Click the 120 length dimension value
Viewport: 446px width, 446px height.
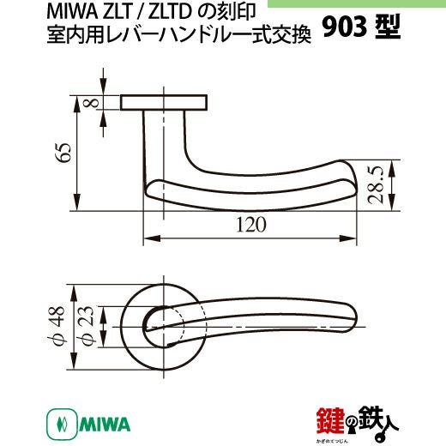click(251, 225)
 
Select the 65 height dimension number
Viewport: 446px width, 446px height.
click(63, 152)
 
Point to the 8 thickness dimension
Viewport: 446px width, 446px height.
click(91, 102)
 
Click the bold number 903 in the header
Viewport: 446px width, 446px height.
click(345, 27)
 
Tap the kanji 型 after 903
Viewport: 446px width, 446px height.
click(388, 27)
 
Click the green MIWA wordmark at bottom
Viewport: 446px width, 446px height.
click(105, 425)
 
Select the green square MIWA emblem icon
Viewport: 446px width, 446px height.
click(62, 425)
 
